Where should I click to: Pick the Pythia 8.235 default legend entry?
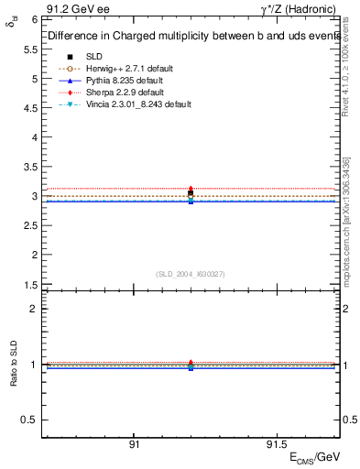pyautogui.click(x=121, y=82)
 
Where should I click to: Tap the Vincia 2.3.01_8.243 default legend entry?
pyautogui.click(x=134, y=105)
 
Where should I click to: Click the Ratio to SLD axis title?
pyautogui.click(x=15, y=376)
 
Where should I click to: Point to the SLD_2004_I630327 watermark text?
pyautogui.click(x=191, y=274)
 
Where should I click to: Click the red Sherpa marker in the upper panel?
pyautogui.click(x=191, y=189)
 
